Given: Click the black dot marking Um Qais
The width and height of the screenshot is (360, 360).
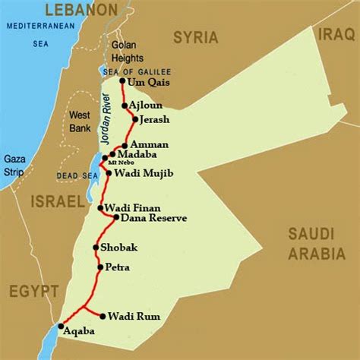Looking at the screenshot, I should pyautogui.click(x=122, y=81).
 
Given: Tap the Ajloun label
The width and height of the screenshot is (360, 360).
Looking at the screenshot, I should pyautogui.click(x=145, y=105).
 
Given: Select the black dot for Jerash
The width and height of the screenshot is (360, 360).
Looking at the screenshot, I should pyautogui.click(x=135, y=119).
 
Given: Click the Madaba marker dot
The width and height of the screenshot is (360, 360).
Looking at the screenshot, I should pyautogui.click(x=112, y=154).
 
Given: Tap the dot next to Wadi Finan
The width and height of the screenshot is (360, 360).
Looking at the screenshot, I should pyautogui.click(x=101, y=207).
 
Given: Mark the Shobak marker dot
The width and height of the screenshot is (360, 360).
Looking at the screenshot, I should pyautogui.click(x=95, y=247).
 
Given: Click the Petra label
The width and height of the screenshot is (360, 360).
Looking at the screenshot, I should pyautogui.click(x=118, y=267).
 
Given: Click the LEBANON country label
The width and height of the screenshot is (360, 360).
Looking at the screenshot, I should pyautogui.click(x=81, y=9).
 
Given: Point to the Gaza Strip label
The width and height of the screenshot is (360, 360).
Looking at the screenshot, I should pyautogui.click(x=14, y=165).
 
